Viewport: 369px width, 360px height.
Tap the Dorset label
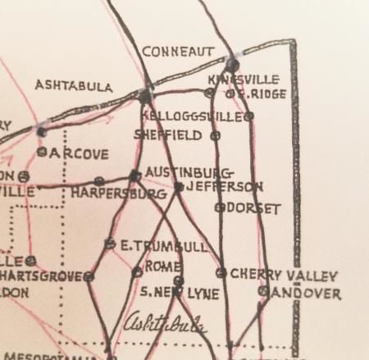click(x=253, y=208)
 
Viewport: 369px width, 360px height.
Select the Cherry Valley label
click(x=273, y=272)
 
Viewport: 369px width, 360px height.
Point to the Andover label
click(x=307, y=292)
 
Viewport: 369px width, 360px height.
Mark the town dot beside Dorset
click(x=219, y=207)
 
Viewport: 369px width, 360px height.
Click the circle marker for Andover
click(x=263, y=290)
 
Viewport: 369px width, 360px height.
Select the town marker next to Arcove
click(x=41, y=152)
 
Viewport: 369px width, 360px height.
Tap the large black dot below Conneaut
click(x=232, y=65)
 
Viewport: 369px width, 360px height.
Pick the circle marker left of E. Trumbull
click(x=110, y=244)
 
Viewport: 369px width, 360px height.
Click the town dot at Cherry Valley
click(x=221, y=272)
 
